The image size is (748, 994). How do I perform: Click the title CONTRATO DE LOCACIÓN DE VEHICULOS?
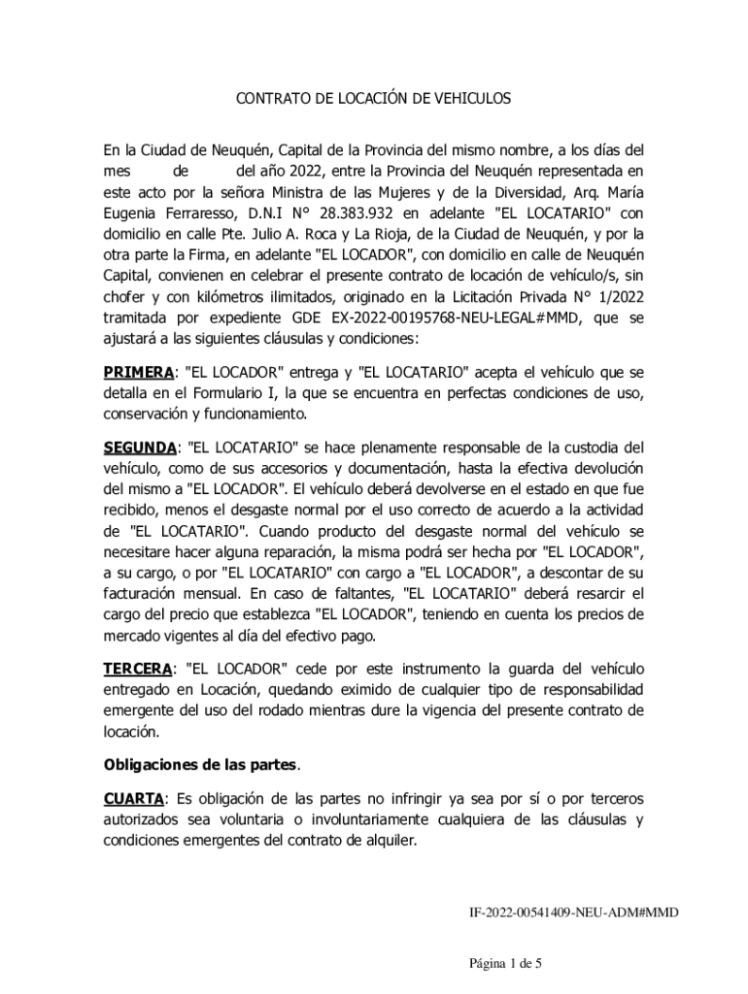click(x=374, y=99)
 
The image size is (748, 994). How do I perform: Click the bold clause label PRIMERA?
click(x=138, y=372)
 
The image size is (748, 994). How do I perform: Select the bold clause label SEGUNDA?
click(x=141, y=447)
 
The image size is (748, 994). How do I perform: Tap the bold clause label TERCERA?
click(x=137, y=670)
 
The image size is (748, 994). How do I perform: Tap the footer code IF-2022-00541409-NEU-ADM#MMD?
click(x=573, y=912)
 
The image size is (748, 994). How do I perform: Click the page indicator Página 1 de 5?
click(x=505, y=964)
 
